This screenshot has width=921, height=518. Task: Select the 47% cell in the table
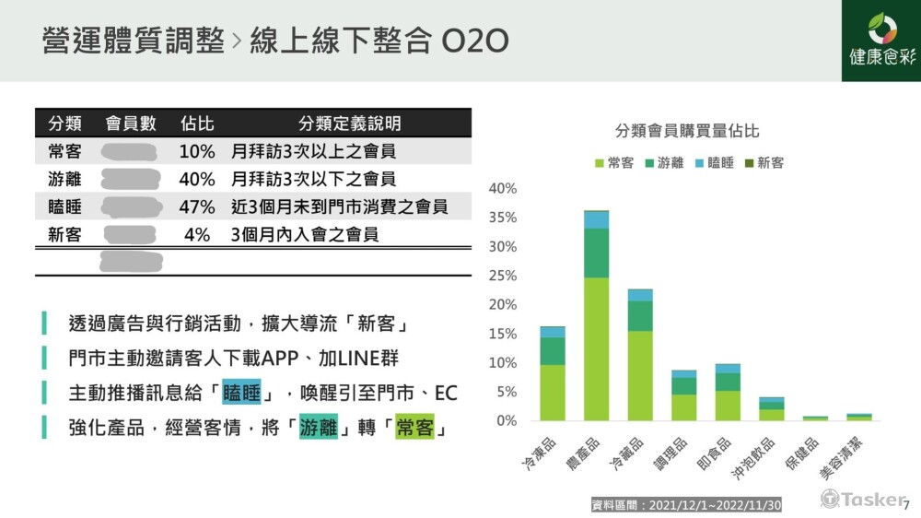[x=197, y=207]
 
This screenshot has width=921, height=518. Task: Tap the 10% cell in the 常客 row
[x=197, y=151]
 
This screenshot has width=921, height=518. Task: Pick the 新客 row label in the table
[x=64, y=235]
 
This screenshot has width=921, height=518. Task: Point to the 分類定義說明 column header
[x=349, y=124]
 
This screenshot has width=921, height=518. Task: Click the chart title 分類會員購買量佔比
[x=687, y=131]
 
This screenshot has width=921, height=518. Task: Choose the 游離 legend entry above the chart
[x=663, y=163]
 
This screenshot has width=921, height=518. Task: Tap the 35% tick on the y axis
[x=504, y=218]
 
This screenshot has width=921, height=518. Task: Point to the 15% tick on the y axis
[x=504, y=334]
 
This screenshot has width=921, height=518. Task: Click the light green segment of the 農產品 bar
[x=596, y=348]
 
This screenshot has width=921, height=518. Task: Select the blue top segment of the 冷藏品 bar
[x=640, y=295]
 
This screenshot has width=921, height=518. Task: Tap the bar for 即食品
[x=728, y=393]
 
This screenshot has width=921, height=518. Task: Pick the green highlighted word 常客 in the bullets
[x=414, y=428]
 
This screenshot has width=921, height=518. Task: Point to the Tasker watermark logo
[x=862, y=499]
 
